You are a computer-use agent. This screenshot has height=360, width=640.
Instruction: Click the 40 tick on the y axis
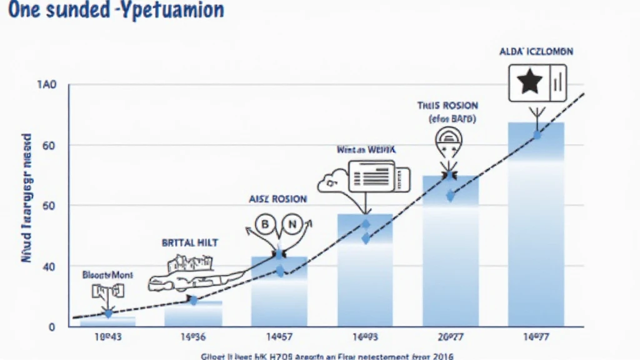(49, 267)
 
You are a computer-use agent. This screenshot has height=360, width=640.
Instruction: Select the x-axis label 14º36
(193, 336)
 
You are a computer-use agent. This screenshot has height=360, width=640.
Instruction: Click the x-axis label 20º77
(451, 336)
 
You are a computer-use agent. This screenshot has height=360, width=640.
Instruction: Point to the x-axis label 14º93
(365, 336)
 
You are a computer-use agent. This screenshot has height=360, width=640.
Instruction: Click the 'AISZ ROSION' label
(277, 199)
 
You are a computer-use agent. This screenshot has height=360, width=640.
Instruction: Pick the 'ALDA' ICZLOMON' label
(536, 51)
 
